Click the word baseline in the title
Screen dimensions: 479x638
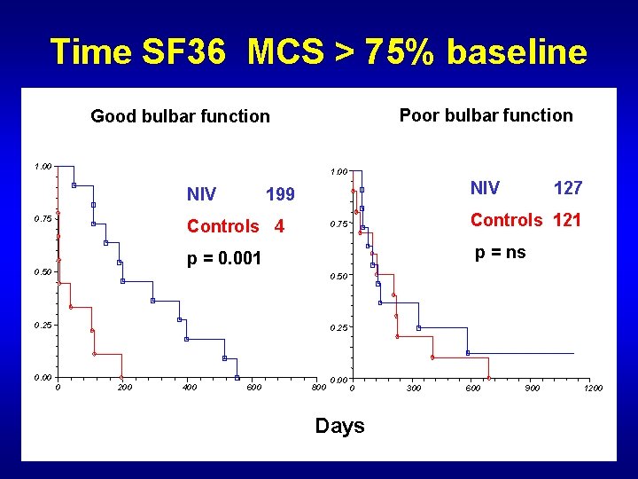click(x=517, y=52)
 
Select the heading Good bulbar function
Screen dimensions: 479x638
click(x=180, y=116)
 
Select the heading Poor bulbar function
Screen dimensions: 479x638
click(x=486, y=115)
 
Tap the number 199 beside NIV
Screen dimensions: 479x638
click(x=281, y=194)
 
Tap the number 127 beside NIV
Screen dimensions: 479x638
click(x=568, y=187)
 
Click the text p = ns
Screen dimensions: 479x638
click(x=500, y=252)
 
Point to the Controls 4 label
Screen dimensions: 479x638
click(x=235, y=226)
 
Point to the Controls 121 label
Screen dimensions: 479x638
click(x=525, y=220)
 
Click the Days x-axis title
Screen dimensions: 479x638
click(x=339, y=426)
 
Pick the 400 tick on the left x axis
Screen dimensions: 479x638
click(x=189, y=388)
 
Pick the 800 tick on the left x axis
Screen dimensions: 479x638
click(x=319, y=388)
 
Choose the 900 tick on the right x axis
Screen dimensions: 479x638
click(x=532, y=389)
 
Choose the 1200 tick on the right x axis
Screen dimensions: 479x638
click(x=593, y=389)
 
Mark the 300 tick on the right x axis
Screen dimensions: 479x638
click(x=413, y=389)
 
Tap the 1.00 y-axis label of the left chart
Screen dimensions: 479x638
click(x=43, y=166)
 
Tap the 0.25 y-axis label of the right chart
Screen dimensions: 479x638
click(x=339, y=328)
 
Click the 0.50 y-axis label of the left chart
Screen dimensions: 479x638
click(x=43, y=272)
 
